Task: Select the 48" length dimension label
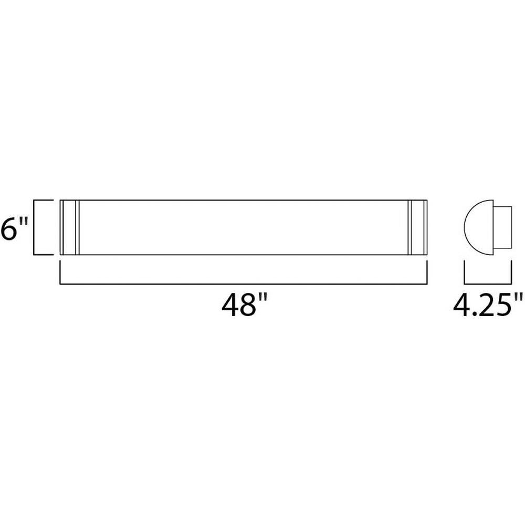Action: pos(245,304)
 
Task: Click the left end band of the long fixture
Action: pos(70,227)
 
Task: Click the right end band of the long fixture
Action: pos(417,227)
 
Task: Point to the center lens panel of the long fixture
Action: pos(244,227)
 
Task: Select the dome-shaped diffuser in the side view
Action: pos(479,227)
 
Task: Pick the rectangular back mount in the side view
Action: pos(502,227)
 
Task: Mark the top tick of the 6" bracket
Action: pos(44,200)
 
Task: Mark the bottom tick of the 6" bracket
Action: pos(44,255)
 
